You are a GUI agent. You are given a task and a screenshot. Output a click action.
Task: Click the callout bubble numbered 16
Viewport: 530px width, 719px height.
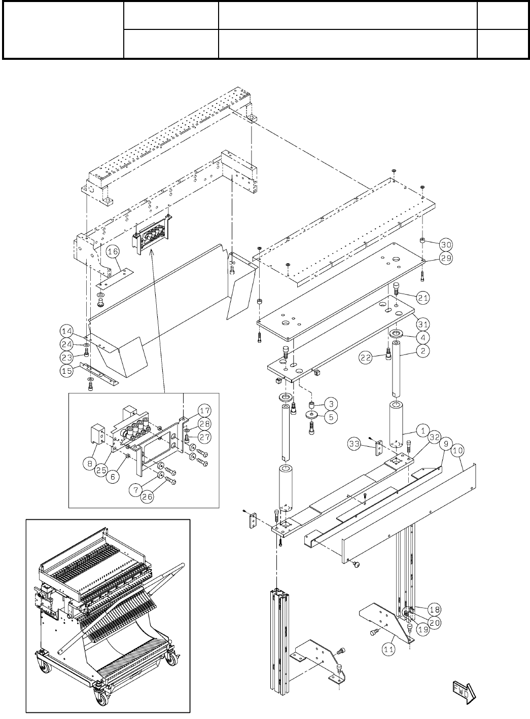point(113,251)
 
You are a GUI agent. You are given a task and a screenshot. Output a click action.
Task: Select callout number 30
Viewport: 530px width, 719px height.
point(445,244)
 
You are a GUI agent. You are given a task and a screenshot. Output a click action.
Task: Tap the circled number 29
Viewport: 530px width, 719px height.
point(445,258)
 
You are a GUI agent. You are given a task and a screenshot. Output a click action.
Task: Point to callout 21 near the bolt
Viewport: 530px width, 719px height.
point(423,298)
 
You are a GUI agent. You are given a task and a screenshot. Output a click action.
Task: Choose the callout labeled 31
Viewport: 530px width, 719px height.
point(423,322)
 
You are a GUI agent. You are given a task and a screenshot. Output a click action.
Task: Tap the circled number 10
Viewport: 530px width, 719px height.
point(458,449)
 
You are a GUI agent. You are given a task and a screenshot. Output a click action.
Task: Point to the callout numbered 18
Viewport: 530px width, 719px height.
point(435,609)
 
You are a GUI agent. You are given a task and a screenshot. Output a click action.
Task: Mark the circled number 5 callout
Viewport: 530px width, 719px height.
point(330,417)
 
